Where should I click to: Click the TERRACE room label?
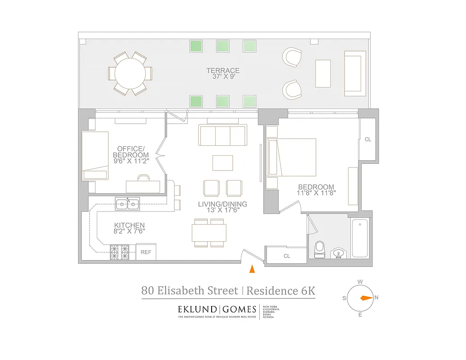tap(223, 71)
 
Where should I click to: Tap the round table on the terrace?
tap(130, 73)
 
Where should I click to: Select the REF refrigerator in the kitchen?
tap(146, 252)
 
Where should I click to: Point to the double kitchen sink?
tap(127, 204)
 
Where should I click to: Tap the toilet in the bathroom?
tap(319, 249)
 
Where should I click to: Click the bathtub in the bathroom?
tap(360, 238)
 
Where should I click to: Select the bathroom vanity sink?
tap(339, 254)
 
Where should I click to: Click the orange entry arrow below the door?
tap(252, 269)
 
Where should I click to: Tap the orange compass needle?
tap(366, 297)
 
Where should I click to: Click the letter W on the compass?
tap(360, 282)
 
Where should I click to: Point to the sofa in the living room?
tap(223, 135)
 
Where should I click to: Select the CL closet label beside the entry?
tap(287, 256)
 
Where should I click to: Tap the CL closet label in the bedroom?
tap(368, 139)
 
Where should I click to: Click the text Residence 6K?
tap(281, 291)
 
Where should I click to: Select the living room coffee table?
tap(222, 162)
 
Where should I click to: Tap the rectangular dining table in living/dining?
tap(209, 233)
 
